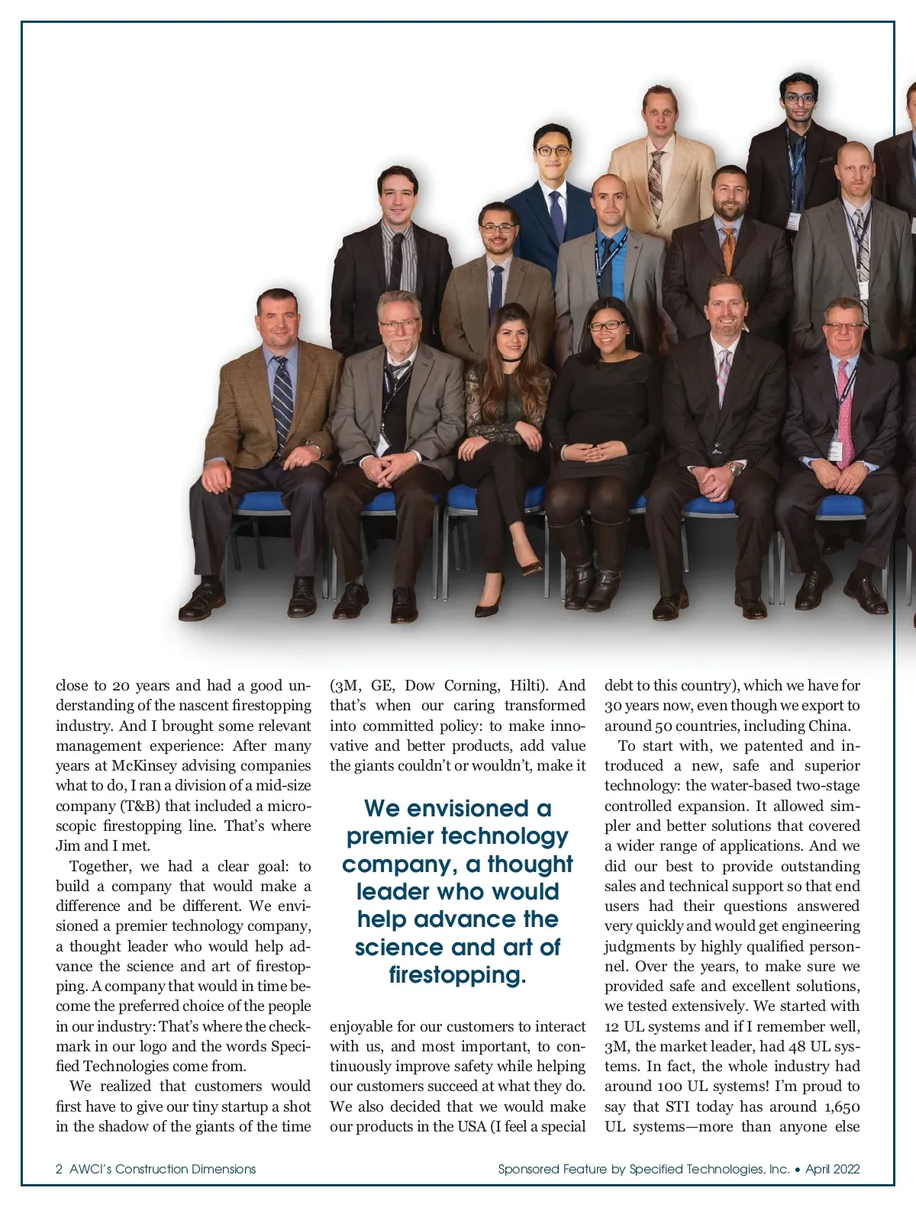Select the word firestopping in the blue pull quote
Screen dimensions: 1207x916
pos(456,975)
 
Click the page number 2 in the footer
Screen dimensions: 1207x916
pos(59,1169)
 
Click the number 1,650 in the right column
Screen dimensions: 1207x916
pos(841,1107)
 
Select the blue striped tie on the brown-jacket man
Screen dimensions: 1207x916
pos(282,401)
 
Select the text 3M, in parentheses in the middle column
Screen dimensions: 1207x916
pos(345,685)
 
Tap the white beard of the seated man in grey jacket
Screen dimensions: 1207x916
pos(397,344)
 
